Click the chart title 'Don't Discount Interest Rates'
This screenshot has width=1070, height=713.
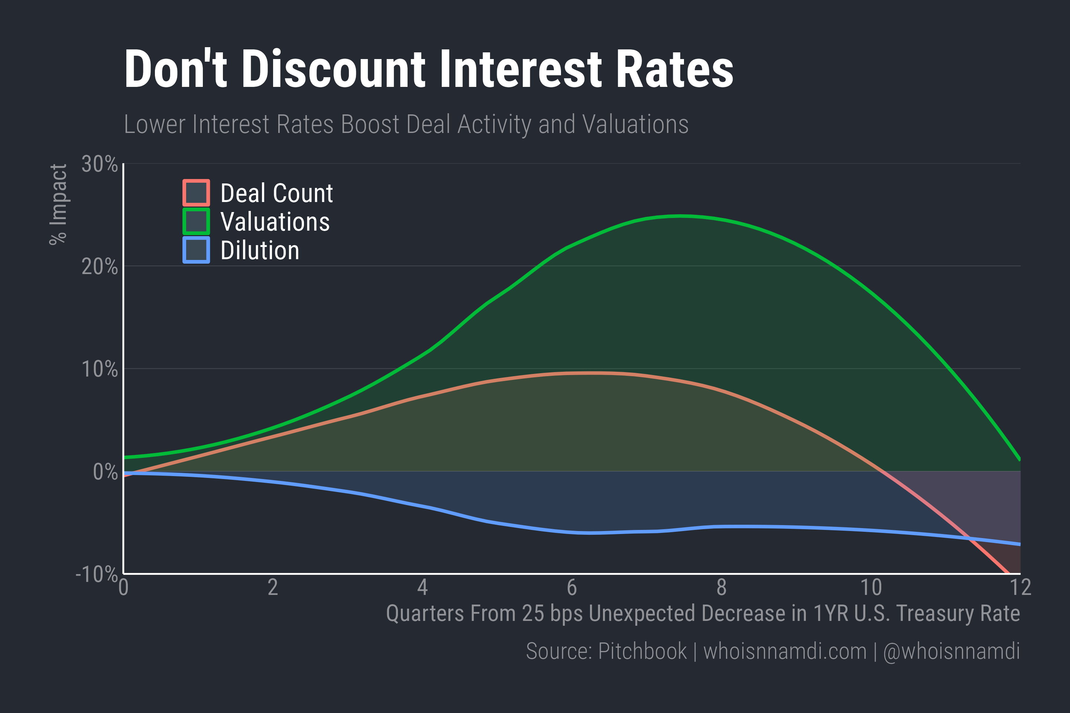[428, 69]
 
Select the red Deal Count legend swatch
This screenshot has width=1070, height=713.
[196, 193]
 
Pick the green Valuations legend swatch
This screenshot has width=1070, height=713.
[196, 221]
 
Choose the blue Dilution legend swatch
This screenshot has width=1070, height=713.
[196, 250]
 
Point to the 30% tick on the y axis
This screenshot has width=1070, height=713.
[99, 164]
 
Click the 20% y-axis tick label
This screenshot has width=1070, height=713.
[99, 267]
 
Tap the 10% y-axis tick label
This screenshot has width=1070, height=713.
[99, 369]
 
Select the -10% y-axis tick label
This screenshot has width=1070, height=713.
[97, 574]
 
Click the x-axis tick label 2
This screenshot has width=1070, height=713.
[273, 587]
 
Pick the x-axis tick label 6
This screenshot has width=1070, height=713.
[572, 587]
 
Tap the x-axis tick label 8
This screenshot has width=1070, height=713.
[722, 587]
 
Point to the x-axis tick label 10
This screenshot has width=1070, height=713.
[871, 587]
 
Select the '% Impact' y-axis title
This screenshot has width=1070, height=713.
[58, 205]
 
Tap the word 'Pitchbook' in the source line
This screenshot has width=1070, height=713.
[642, 651]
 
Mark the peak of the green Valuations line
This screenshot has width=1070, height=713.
[680, 216]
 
